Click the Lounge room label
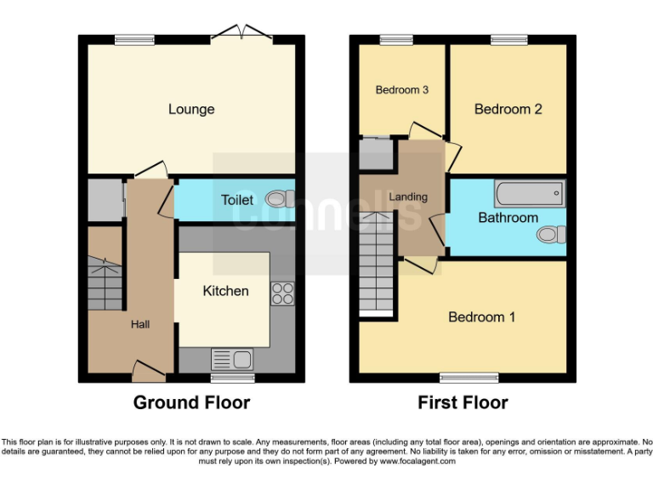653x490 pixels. (191, 109)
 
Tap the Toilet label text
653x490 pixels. (237, 200)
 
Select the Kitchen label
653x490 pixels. (225, 291)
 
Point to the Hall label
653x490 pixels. (140, 324)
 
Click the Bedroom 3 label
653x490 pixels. (401, 90)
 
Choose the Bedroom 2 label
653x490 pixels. (508, 109)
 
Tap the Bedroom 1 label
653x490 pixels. (481, 317)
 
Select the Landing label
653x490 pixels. (407, 197)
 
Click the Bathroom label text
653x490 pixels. (508, 218)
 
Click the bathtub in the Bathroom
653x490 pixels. (530, 194)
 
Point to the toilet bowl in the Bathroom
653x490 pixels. (553, 234)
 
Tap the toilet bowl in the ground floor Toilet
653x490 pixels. (279, 199)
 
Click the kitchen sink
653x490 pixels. (231, 359)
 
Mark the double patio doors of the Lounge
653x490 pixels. (241, 34)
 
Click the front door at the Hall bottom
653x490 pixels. (148, 368)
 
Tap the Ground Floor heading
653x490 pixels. (191, 402)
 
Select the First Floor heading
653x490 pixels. (463, 402)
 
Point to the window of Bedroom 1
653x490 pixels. (463, 377)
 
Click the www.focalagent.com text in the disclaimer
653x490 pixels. (417, 461)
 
